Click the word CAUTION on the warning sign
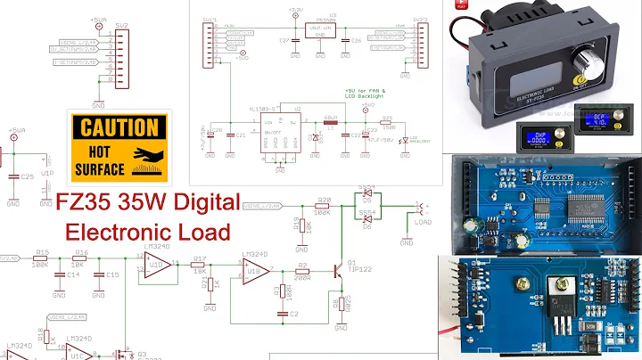[118, 127]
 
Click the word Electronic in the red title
[114, 232]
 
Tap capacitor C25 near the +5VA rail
[13, 177]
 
